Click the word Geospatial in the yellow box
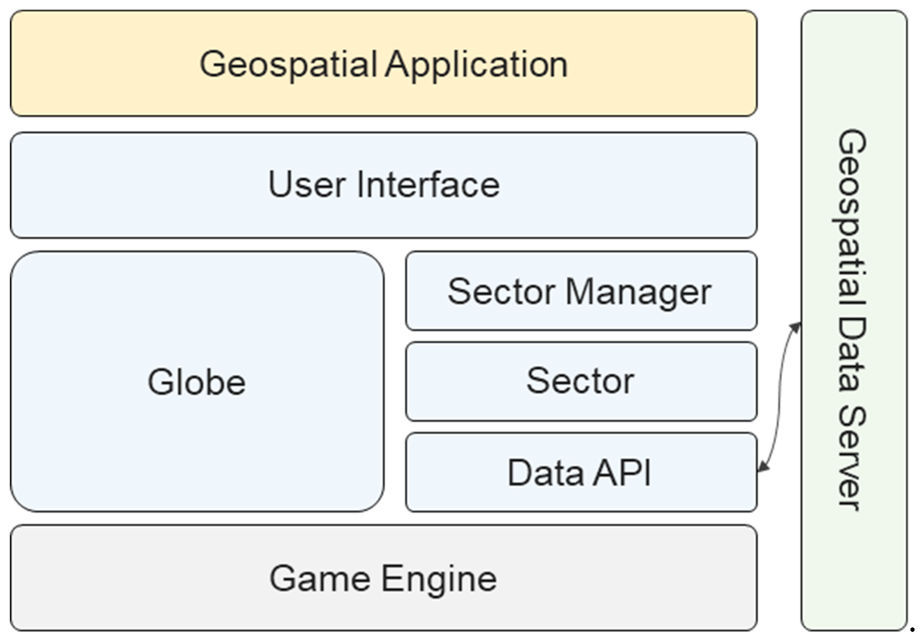click(x=288, y=64)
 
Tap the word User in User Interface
click(x=307, y=184)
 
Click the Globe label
click(x=197, y=382)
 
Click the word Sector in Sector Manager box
click(x=501, y=292)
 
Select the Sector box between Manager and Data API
click(x=580, y=381)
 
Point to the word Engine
click(x=439, y=579)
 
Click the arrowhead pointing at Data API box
click(x=762, y=467)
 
